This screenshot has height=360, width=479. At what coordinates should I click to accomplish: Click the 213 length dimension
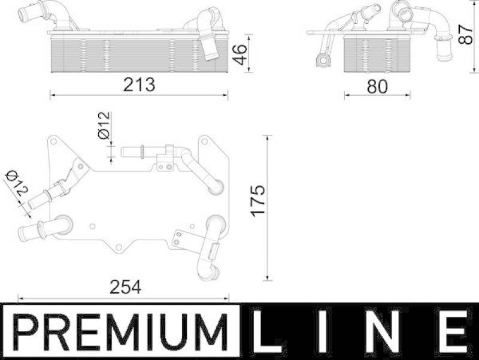[x=140, y=84]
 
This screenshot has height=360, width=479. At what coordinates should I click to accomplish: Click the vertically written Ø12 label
[x=103, y=126]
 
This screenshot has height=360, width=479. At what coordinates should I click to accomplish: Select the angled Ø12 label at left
[x=17, y=183]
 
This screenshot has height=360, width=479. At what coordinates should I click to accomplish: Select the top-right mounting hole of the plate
[x=205, y=143]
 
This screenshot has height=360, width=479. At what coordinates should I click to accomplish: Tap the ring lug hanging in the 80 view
[x=320, y=60]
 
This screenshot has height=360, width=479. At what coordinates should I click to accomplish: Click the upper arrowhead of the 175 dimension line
[x=268, y=138]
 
